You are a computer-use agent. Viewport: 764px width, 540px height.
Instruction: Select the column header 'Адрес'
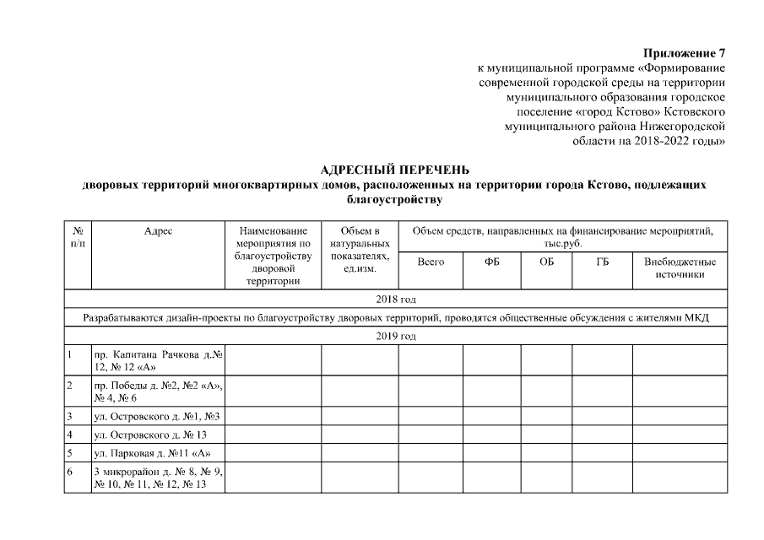158,230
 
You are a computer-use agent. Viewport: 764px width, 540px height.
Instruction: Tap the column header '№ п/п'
78,236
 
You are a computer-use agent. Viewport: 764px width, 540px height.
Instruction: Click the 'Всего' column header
431,262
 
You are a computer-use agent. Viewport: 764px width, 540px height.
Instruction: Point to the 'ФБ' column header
491,262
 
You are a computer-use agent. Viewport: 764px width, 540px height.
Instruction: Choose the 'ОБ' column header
546,262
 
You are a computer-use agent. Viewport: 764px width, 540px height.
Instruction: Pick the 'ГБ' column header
602,262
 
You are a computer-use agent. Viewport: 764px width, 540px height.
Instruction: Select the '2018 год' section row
396,300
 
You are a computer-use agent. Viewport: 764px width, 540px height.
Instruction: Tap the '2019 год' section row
396,337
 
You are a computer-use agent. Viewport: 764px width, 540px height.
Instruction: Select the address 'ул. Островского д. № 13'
150,435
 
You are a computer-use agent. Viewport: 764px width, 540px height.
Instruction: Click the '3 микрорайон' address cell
158,478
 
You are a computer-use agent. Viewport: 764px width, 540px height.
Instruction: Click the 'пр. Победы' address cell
158,391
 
